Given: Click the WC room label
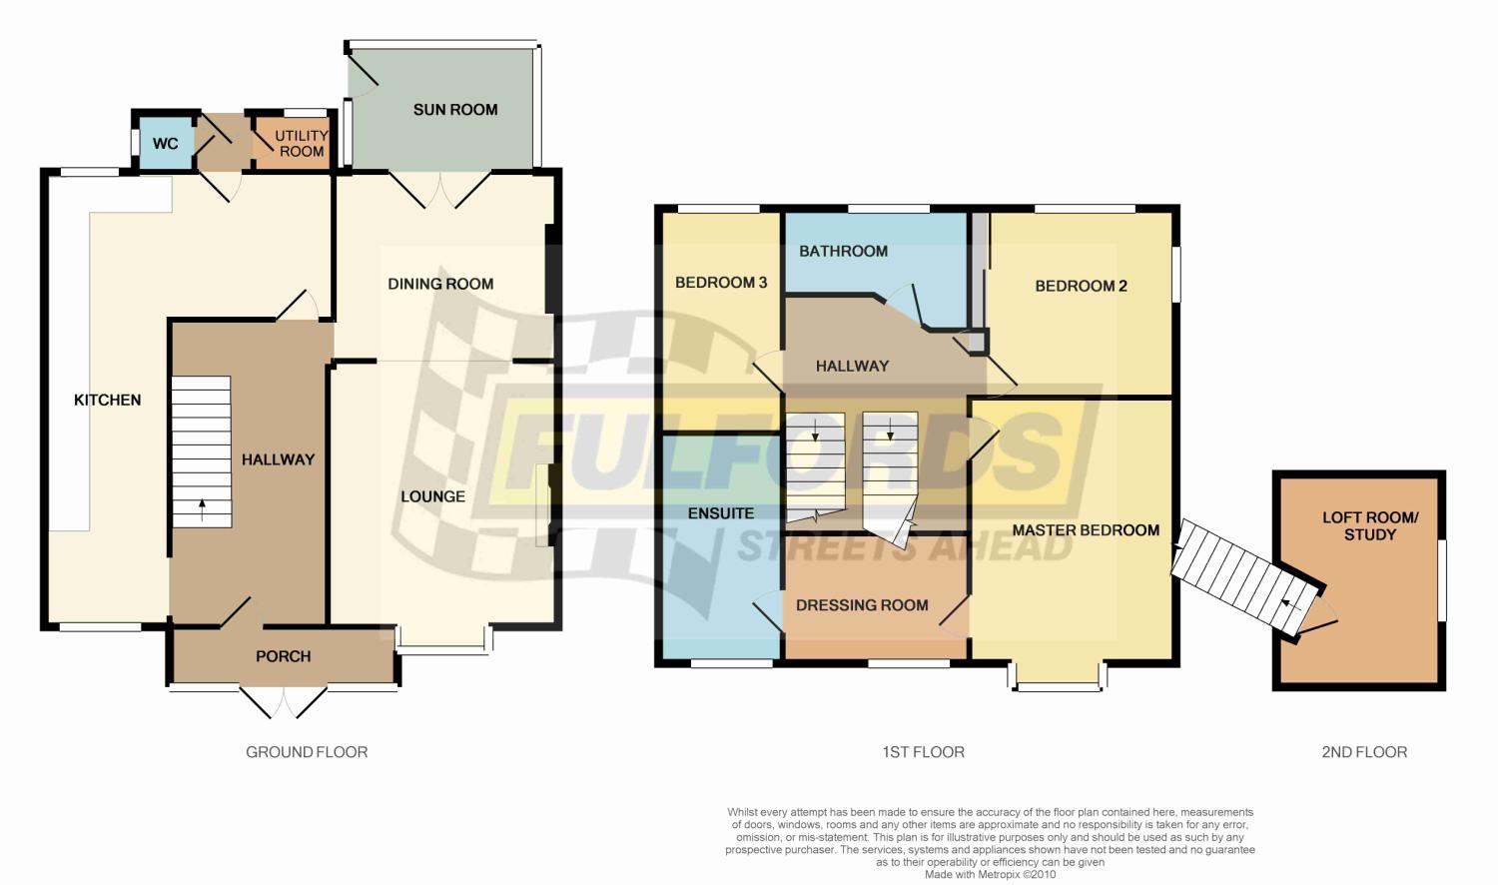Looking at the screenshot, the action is pyautogui.click(x=165, y=144).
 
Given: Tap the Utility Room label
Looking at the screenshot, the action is pyautogui.click(x=301, y=144).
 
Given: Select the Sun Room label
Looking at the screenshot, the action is pyautogui.click(x=455, y=110).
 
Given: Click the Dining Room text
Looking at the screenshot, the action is pyautogui.click(x=440, y=284).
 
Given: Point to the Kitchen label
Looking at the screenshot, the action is pyautogui.click(x=107, y=400).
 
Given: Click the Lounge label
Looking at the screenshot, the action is pyautogui.click(x=432, y=496).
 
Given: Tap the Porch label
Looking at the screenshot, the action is pyautogui.click(x=283, y=656).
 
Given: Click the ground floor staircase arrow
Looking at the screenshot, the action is pyautogui.click(x=202, y=510).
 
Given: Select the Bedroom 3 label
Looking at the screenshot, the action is pyautogui.click(x=721, y=283).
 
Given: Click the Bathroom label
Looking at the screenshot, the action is pyautogui.click(x=843, y=251).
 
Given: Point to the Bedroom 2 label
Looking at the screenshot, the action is pyautogui.click(x=1081, y=287).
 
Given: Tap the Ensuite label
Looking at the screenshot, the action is pyautogui.click(x=721, y=513).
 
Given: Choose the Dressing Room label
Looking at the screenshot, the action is pyautogui.click(x=862, y=605).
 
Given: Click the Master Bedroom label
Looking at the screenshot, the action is pyautogui.click(x=1086, y=530).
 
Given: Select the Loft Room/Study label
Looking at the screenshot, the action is pyautogui.click(x=1370, y=525).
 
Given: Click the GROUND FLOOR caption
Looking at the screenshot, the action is pyautogui.click(x=307, y=752).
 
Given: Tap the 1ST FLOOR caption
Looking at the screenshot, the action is pyautogui.click(x=923, y=752).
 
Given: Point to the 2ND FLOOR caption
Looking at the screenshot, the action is pyautogui.click(x=1364, y=752).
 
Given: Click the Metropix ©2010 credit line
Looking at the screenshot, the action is pyautogui.click(x=990, y=874).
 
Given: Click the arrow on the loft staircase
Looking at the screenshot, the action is pyautogui.click(x=1289, y=605).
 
